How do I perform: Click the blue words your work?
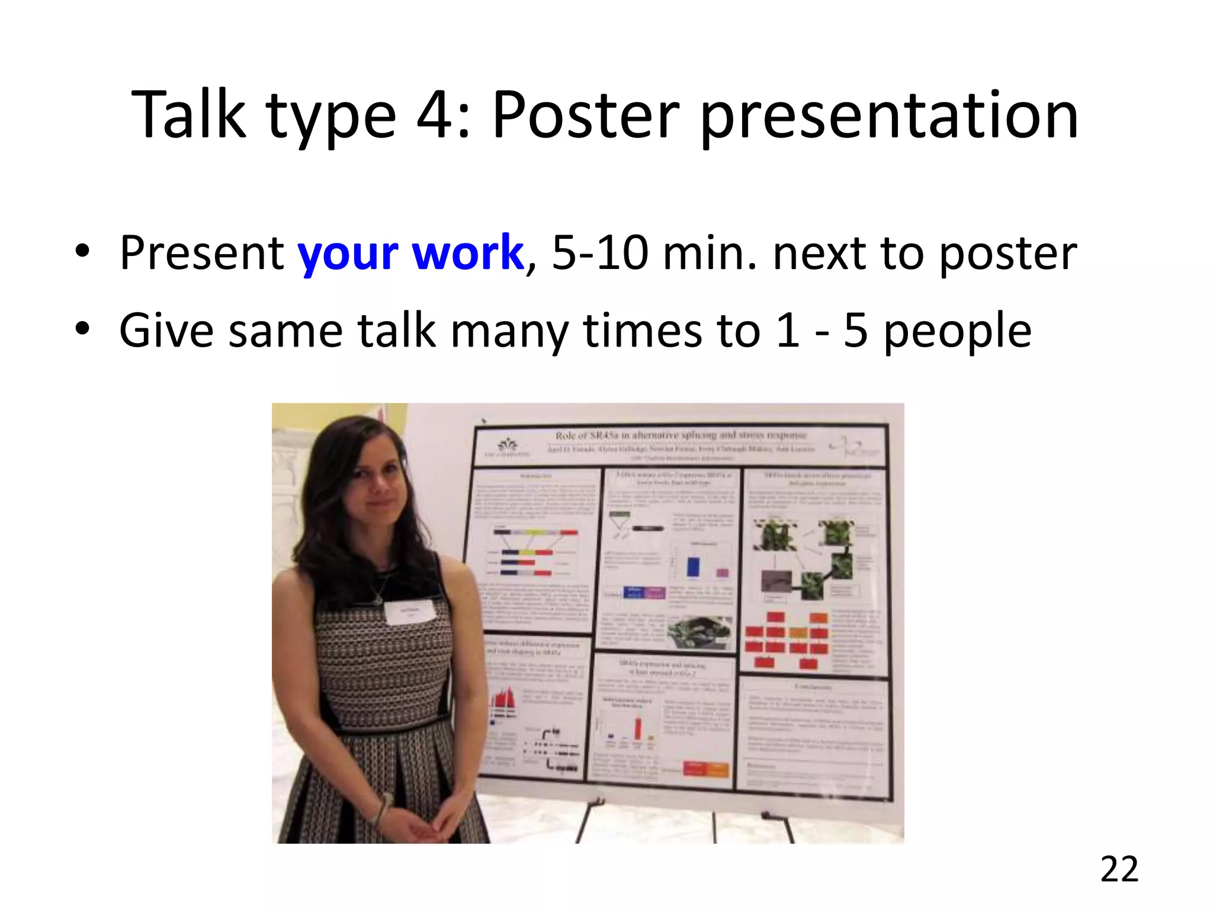[410, 253]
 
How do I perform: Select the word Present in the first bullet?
[201, 253]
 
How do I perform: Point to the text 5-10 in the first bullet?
[599, 253]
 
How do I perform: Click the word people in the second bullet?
[957, 331]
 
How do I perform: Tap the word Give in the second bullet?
[166, 330]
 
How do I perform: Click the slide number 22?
[1119, 870]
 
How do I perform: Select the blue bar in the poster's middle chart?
[692, 566]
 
